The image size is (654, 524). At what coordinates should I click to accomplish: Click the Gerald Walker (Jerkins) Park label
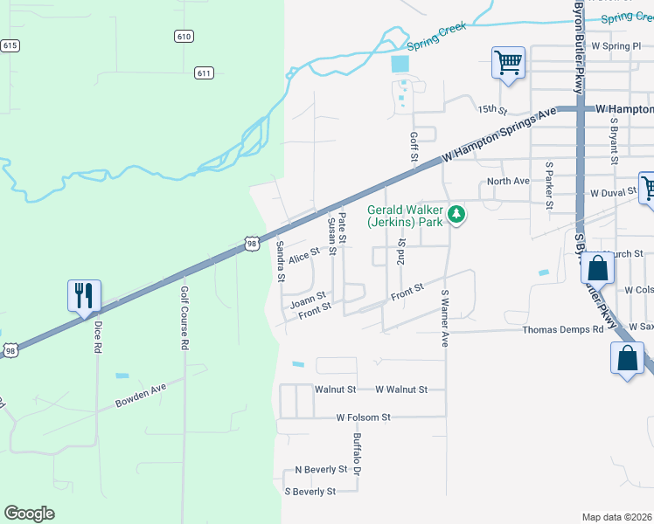[x=405, y=216]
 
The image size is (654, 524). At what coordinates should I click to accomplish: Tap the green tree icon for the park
[x=456, y=214]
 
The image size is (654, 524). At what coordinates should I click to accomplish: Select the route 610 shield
[x=184, y=36]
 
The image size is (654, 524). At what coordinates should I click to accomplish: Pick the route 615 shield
[x=10, y=45]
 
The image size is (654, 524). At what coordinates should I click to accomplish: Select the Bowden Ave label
[x=140, y=398]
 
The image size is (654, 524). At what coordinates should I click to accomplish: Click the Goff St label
[x=413, y=147]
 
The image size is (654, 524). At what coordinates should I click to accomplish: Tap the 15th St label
[x=492, y=109]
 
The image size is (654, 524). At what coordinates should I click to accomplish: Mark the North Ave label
[x=509, y=181]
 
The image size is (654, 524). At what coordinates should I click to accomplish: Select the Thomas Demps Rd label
[x=563, y=329]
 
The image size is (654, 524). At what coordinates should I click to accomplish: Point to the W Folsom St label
[x=363, y=417]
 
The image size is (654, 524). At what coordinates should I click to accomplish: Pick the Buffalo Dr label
[x=358, y=454]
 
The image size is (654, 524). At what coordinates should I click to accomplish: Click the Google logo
[x=29, y=514]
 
